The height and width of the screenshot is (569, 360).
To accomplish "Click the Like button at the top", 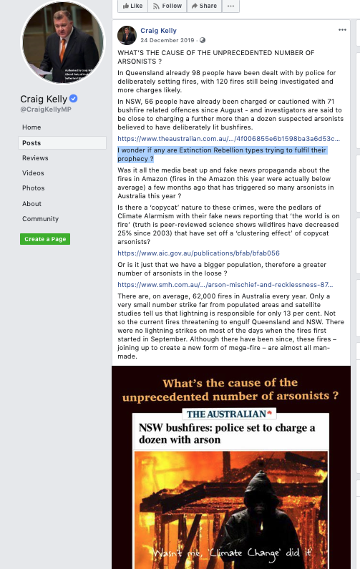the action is pyautogui.click(x=132, y=6).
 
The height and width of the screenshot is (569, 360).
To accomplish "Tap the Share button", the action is pyautogui.click(x=203, y=6).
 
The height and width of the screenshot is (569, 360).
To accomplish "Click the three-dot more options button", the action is pyautogui.click(x=230, y=6).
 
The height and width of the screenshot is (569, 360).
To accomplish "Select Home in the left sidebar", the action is pyautogui.click(x=31, y=127).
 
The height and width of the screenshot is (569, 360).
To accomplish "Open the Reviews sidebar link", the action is pyautogui.click(x=35, y=158).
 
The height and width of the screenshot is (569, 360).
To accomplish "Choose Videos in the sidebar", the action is pyautogui.click(x=33, y=173).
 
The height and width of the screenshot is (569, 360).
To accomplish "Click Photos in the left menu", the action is pyautogui.click(x=33, y=188).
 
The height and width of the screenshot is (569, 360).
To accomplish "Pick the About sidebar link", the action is pyautogui.click(x=31, y=204).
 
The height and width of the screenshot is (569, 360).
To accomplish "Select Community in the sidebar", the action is pyautogui.click(x=40, y=219).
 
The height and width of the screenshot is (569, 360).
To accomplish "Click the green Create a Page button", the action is pyautogui.click(x=45, y=239).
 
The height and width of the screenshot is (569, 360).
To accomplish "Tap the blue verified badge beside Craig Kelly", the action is pyautogui.click(x=73, y=99).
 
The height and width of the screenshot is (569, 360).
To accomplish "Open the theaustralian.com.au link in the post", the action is pyautogui.click(x=228, y=139).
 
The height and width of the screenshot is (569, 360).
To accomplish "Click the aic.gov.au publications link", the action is pyautogui.click(x=198, y=253).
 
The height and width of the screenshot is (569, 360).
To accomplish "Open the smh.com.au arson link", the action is pyautogui.click(x=228, y=285).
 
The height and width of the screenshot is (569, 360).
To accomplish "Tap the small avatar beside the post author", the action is pyautogui.click(x=127, y=35).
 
